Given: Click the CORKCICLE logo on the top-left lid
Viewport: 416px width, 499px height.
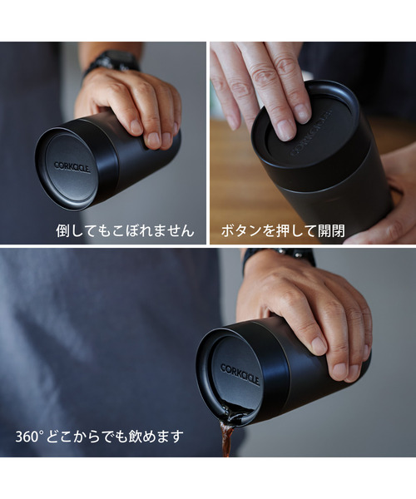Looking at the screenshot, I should [72, 166].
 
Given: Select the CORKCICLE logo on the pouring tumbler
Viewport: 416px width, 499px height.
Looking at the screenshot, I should [240, 373].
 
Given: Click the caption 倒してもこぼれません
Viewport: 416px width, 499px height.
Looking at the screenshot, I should [125, 230].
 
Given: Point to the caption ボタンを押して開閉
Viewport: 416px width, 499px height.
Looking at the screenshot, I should [282, 230].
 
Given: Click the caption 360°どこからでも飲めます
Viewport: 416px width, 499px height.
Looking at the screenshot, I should [99, 436].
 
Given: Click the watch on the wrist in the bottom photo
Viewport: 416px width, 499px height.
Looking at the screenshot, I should [279, 256].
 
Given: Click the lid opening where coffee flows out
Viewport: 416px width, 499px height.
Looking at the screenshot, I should [233, 413].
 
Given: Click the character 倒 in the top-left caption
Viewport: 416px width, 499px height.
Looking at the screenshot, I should [63, 230].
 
